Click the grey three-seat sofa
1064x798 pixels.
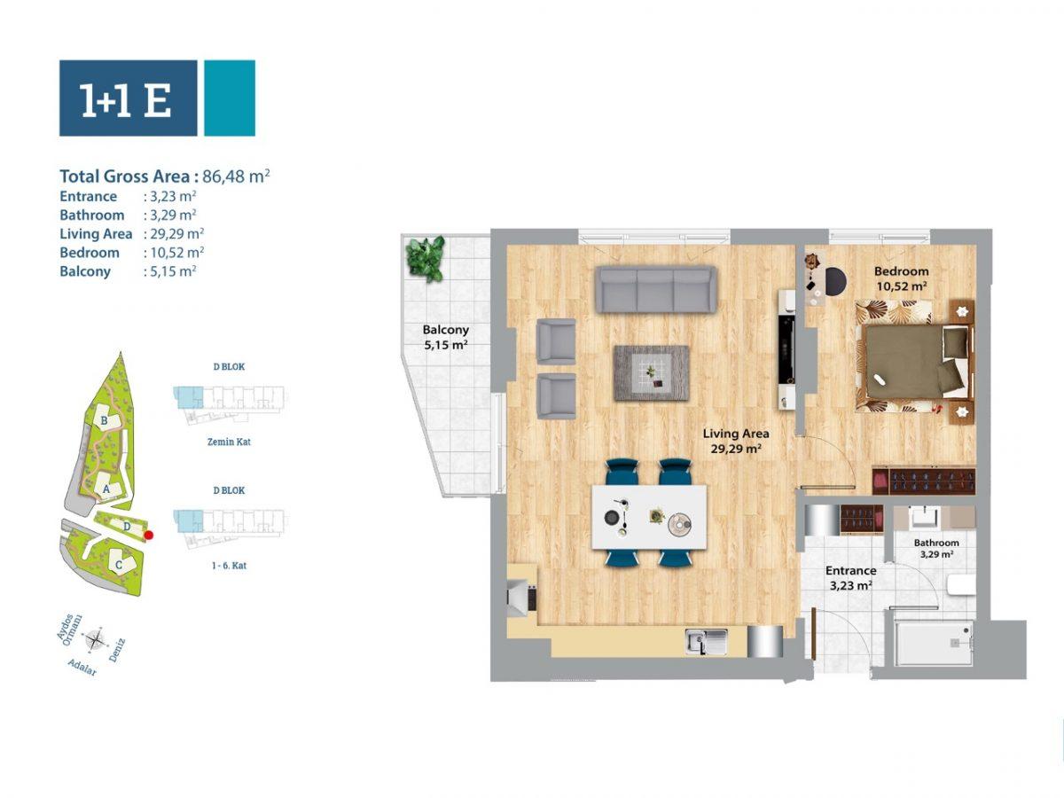656,290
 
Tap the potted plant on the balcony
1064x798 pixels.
426,258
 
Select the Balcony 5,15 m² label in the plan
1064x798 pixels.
445,337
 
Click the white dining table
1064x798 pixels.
649,517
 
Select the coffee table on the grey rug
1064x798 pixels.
652,373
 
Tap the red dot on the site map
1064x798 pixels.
149,535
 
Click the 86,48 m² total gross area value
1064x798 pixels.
236,176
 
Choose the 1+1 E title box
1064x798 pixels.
128,98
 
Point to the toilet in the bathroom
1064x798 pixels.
960,585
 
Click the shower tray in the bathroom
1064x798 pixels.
934,644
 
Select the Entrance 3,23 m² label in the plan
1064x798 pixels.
850,578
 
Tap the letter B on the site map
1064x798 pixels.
104,420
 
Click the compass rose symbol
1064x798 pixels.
96,640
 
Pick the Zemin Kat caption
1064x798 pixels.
229,442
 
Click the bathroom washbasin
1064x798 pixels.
926,517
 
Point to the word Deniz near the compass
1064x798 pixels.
117,650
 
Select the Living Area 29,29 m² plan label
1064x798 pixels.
736,441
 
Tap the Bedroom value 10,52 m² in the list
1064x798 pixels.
177,253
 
